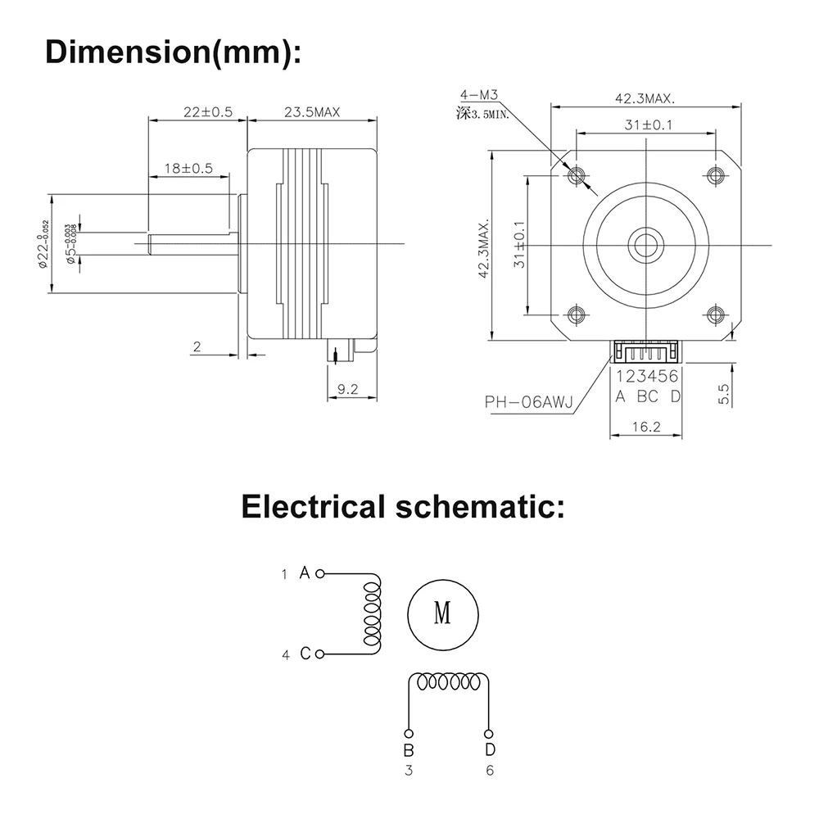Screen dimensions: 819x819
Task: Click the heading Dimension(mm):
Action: tap(173, 51)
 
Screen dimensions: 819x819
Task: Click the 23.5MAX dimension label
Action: tap(312, 112)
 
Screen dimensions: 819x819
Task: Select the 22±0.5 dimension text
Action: tap(197, 112)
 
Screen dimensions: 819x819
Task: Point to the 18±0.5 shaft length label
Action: tap(188, 168)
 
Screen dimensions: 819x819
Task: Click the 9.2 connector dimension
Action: tap(348, 390)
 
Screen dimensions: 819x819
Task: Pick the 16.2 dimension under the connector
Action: tap(647, 427)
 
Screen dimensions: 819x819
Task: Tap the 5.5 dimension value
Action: tap(724, 395)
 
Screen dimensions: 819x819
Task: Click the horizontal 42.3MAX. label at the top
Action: tap(645, 98)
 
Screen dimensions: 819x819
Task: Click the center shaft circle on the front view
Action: tap(646, 243)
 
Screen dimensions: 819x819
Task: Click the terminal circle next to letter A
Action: tap(320, 573)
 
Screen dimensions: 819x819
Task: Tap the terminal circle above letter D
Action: tap(489, 733)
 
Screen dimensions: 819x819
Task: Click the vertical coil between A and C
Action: tap(371, 614)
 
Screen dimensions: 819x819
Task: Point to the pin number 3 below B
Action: tap(409, 770)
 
